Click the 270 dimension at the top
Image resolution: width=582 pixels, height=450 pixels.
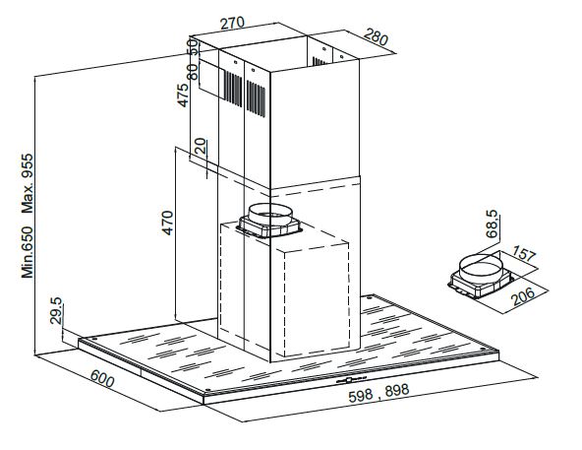pos(233,23)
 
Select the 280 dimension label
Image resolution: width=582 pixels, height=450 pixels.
pos(376,36)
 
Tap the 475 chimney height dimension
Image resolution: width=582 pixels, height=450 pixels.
pos(183,96)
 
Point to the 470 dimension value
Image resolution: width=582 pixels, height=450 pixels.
pos(167,223)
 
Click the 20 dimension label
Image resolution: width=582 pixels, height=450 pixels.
pos(200,146)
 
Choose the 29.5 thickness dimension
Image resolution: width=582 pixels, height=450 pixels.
pos(56,311)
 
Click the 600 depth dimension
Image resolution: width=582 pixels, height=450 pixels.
pos(102,378)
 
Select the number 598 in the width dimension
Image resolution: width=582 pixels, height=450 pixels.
pos(361,396)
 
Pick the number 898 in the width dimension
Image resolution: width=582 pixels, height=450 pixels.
pos(397,390)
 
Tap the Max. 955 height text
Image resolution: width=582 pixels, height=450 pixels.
pos(28,184)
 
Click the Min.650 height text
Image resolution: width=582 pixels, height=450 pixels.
pos(28,252)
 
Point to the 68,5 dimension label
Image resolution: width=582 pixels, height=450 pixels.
pos(492,224)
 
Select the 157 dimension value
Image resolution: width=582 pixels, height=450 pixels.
pos(524,254)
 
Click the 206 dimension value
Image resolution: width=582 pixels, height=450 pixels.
pos(523,296)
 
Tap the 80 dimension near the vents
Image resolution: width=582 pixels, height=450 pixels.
pos(193,72)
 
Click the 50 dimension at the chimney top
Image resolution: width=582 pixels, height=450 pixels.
pos(193,47)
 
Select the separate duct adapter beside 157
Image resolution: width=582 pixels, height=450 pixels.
pos(481,276)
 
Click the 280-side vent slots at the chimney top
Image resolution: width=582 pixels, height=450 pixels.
pos(319,61)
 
